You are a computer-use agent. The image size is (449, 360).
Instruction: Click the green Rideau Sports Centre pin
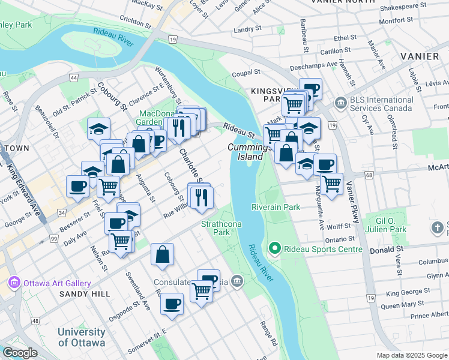point(275,248)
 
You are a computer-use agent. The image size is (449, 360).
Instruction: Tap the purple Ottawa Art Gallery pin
point(13,283)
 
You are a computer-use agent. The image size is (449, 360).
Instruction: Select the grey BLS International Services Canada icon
point(340,104)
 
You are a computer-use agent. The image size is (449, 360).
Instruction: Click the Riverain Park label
point(276,207)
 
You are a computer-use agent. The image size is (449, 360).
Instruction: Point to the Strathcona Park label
point(215,227)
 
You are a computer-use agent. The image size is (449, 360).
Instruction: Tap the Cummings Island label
point(247,152)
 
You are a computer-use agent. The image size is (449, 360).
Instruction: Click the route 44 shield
point(74,78)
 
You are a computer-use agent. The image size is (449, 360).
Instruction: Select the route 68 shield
point(369,175)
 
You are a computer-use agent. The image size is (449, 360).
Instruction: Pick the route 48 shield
point(35,321)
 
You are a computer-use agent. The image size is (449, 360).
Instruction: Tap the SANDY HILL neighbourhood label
point(85,294)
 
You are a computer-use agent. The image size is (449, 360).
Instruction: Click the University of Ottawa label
point(81,337)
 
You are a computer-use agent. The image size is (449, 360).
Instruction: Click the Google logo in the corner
point(20,353)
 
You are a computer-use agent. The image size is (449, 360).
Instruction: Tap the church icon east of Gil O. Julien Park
point(439,227)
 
